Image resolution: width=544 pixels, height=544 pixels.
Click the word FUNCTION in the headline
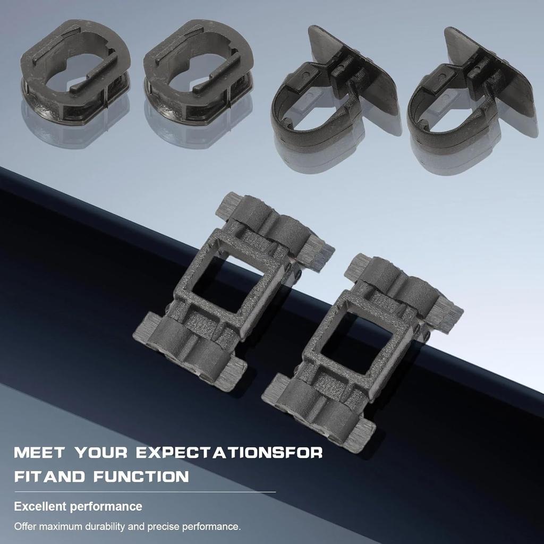pyautogui.click(x=140, y=475)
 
